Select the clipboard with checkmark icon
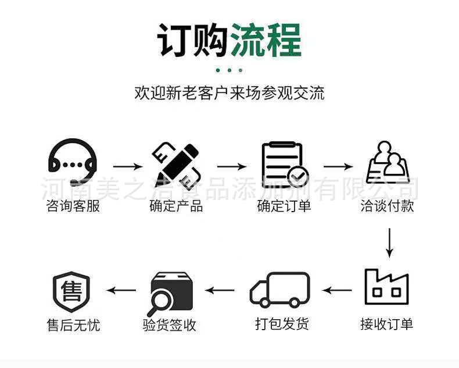pyautogui.click(x=284, y=164)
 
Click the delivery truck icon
pyautogui.click(x=280, y=289)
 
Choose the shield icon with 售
pyautogui.click(x=72, y=291)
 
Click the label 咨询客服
pyautogui.click(x=73, y=206)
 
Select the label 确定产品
pyautogui.click(x=176, y=206)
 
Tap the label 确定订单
pyautogui.click(x=284, y=206)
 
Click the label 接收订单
pyautogui.click(x=387, y=324)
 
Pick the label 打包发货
pyautogui.click(x=282, y=324)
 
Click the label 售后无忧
pyautogui.click(x=73, y=325)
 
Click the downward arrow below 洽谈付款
pyautogui.click(x=389, y=242)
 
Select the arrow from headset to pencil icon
pyautogui.click(x=127, y=166)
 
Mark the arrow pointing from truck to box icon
pyautogui.click(x=221, y=290)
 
